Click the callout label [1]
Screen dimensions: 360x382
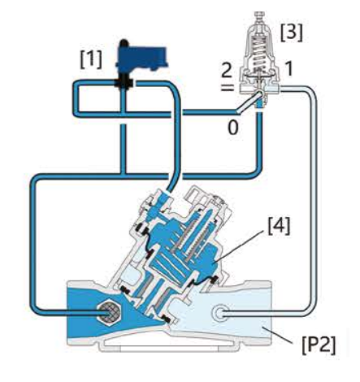[x=91, y=59]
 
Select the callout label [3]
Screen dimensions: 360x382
[x=291, y=33]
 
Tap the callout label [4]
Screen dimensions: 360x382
[x=279, y=226]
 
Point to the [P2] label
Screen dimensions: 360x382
[x=319, y=345]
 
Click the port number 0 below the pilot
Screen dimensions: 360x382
[x=233, y=128]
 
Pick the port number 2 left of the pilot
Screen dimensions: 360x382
[x=227, y=72]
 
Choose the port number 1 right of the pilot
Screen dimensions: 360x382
[x=288, y=68]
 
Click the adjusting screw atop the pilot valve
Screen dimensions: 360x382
[x=259, y=16]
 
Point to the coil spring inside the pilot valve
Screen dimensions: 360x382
[x=258, y=55]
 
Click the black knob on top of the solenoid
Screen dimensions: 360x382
[x=124, y=43]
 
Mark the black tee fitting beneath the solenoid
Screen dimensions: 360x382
[x=124, y=84]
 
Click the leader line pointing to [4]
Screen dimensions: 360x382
[x=240, y=245]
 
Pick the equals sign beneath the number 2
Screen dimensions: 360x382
[x=227, y=87]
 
